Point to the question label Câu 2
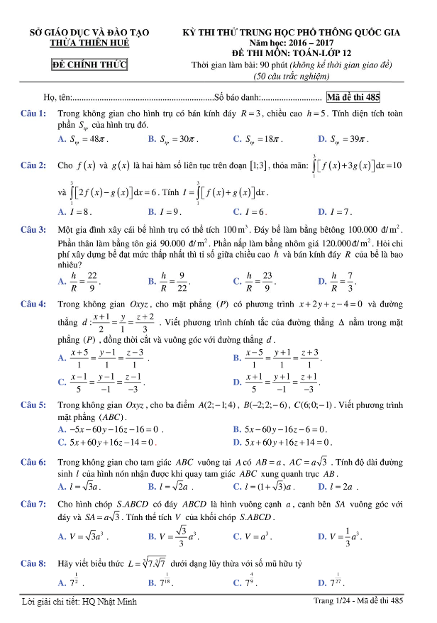(33, 165)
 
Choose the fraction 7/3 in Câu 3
(346, 281)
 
